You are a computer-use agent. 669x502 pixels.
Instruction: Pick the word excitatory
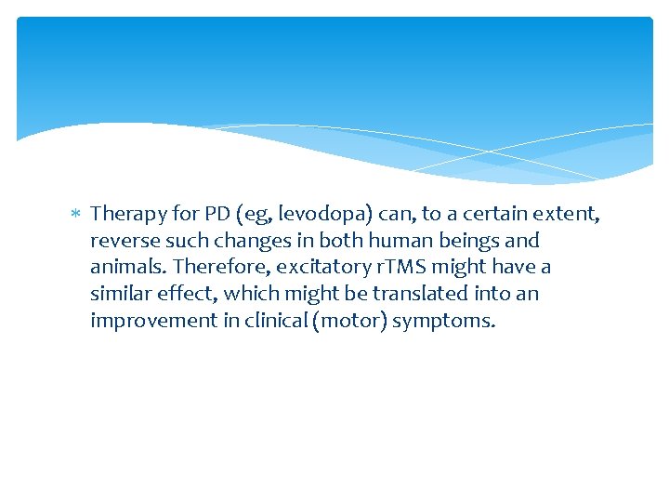321,268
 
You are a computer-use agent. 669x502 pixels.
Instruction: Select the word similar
120,295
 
